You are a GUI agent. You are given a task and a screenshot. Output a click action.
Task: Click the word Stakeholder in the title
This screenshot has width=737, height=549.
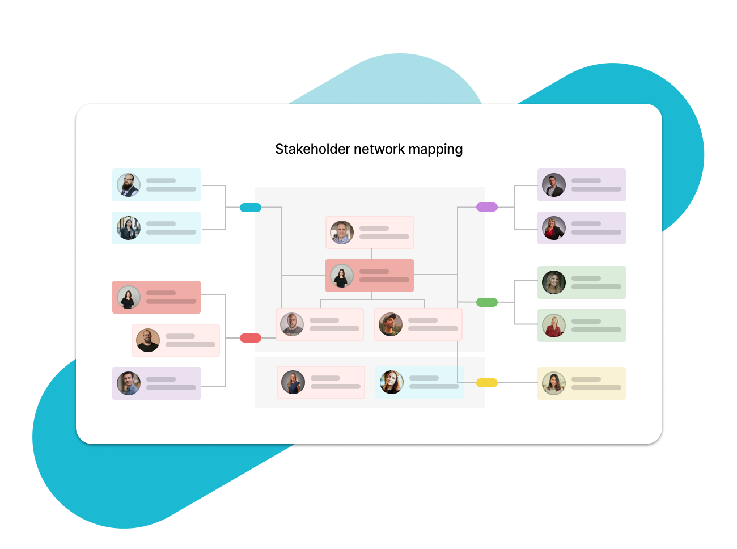312,149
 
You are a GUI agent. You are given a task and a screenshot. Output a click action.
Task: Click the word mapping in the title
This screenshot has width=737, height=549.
435,150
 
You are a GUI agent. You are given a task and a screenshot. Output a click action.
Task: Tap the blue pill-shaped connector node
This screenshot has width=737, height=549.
251,207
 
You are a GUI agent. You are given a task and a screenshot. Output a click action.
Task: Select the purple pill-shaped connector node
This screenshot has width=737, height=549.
487,207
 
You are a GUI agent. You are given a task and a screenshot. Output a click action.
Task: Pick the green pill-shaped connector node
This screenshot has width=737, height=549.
487,302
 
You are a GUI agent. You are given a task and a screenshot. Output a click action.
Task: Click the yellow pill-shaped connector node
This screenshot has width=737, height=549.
487,383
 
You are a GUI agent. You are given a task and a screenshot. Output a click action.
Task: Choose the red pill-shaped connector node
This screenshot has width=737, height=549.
251,338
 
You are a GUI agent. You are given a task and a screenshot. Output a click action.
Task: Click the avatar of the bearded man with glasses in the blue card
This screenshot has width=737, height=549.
129,185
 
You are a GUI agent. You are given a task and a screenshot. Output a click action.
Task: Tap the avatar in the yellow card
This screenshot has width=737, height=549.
553,383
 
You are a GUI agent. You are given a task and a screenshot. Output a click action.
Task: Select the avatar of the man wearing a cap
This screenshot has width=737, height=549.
391,324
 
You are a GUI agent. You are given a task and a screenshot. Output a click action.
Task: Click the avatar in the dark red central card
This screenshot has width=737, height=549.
342,276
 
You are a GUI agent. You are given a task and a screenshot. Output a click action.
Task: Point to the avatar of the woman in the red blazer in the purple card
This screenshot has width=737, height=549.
553,228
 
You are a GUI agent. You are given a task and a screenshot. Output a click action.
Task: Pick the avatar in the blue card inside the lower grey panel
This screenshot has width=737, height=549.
391,382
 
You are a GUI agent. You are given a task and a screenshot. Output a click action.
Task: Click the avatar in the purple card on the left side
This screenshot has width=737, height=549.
129,383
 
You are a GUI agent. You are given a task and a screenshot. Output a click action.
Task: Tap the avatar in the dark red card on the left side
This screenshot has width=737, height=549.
129,297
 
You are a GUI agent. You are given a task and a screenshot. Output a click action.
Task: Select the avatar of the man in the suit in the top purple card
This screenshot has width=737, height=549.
553,185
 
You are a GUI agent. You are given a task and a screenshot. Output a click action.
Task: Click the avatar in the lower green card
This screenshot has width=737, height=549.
553,326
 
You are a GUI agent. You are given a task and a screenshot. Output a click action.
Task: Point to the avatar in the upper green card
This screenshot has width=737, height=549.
553,282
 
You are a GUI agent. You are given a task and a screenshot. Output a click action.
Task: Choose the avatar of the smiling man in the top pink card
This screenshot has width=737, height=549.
342,233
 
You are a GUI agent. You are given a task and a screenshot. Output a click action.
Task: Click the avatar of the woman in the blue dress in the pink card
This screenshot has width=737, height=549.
293,382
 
